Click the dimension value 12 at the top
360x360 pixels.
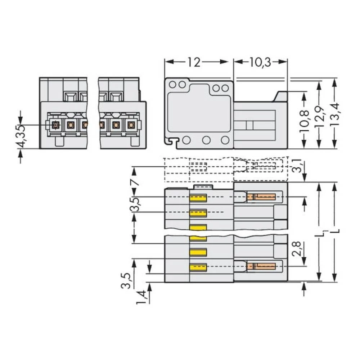point(194,62)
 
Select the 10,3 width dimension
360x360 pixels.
point(260,62)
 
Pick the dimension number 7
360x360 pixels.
point(135,182)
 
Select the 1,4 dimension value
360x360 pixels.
point(142,297)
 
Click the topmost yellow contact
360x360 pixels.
point(198,198)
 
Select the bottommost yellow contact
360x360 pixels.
point(198,267)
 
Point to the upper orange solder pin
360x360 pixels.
point(261,197)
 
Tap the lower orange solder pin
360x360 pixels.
point(261,266)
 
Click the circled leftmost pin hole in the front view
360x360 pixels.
point(55,125)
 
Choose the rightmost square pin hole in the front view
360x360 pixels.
point(131,125)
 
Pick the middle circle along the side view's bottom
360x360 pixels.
point(206,140)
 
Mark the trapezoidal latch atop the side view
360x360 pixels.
point(281,96)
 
